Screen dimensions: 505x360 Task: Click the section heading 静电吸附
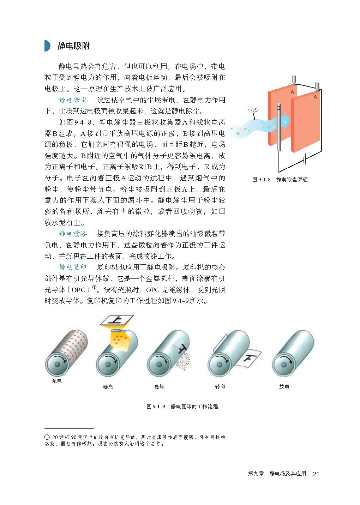coord(73,46)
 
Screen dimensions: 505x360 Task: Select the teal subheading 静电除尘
coord(73,100)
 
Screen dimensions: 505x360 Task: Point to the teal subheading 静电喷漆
coord(73,234)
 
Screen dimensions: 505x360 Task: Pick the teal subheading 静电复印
coord(73,267)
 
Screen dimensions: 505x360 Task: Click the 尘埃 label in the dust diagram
coord(252,110)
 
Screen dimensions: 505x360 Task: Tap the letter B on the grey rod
coord(278,108)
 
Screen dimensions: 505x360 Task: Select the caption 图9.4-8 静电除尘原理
coord(280,180)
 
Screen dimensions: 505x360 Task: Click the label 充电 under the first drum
coord(56,381)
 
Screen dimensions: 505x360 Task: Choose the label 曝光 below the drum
coord(108,387)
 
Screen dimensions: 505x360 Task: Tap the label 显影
coord(160,387)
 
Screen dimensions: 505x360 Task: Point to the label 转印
coord(220,387)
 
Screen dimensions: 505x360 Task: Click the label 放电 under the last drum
coord(284,387)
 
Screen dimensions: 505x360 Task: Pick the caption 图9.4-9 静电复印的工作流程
coord(182,407)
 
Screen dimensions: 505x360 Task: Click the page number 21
coord(316,474)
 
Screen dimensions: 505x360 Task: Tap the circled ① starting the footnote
coord(47,437)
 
